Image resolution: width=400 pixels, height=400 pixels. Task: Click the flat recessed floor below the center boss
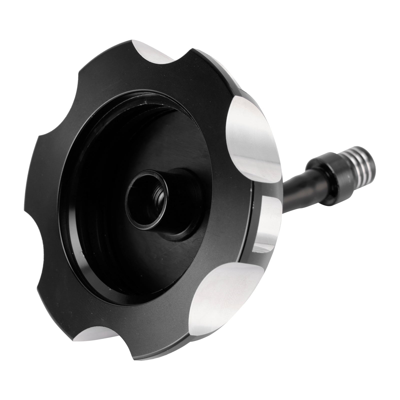click(150, 262)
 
